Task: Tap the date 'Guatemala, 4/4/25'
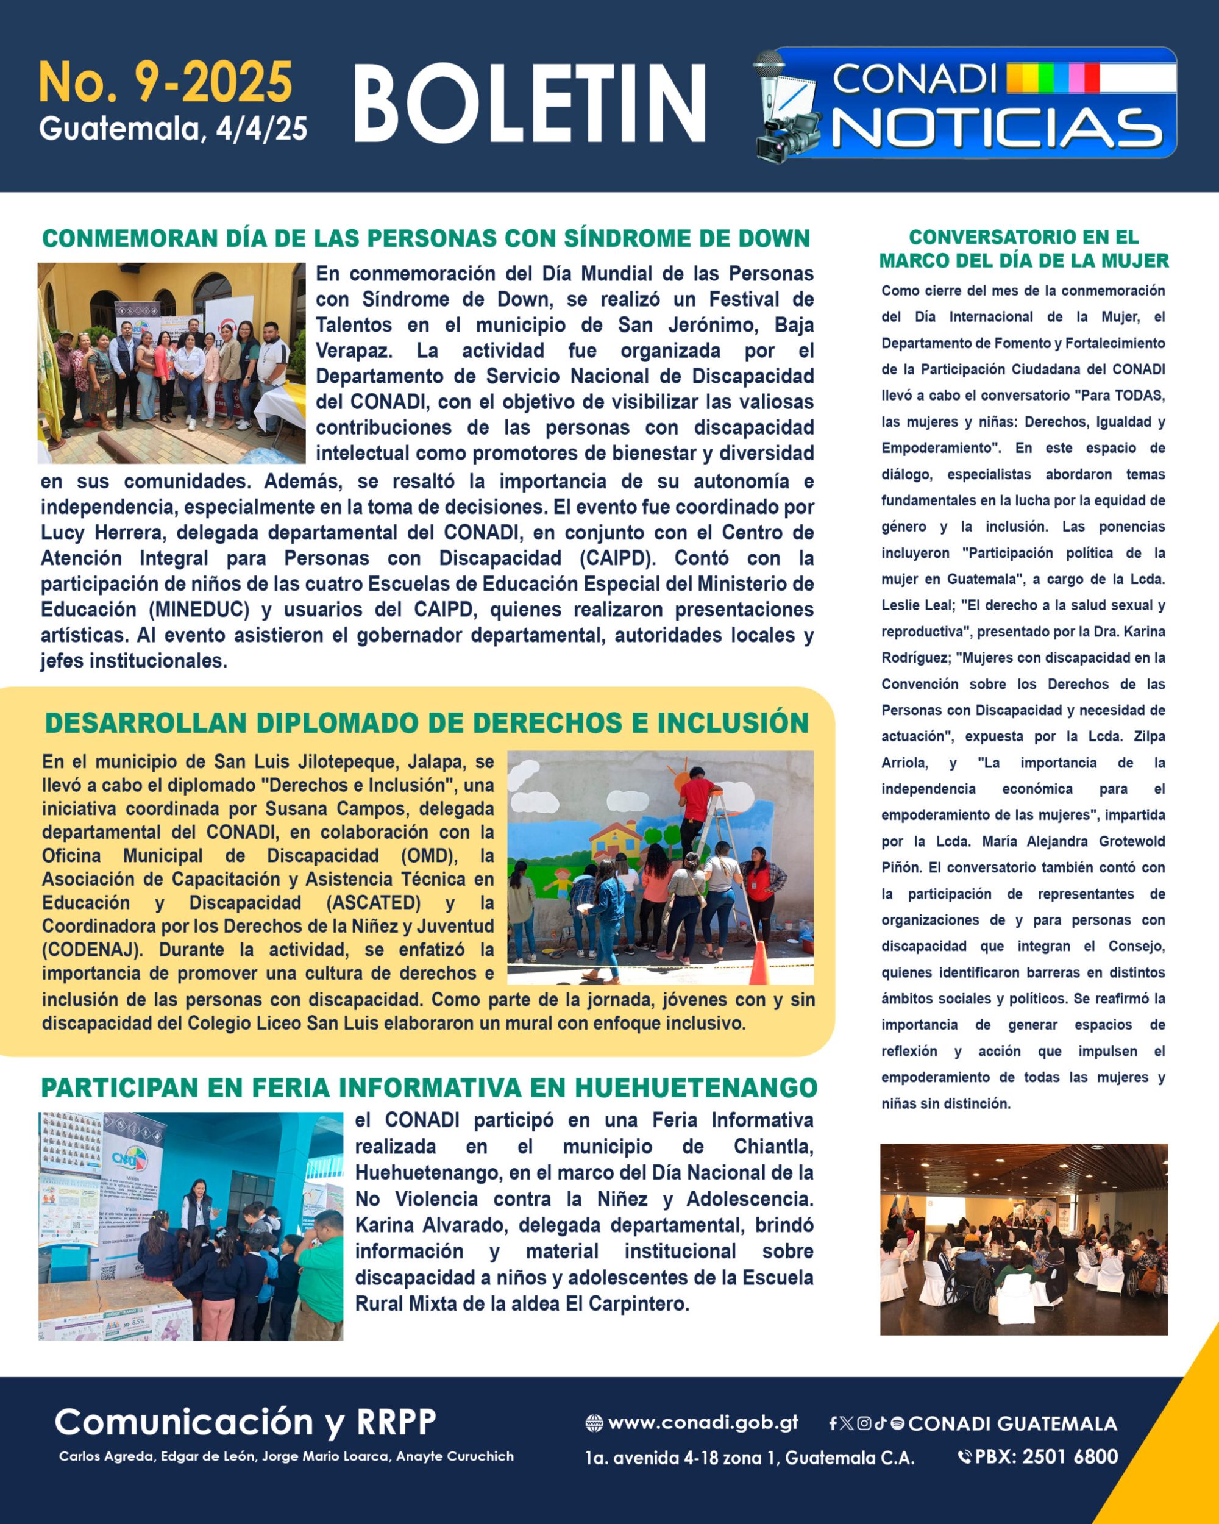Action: (x=173, y=129)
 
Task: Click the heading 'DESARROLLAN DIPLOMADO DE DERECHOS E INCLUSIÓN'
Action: (x=427, y=723)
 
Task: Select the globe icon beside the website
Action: (x=594, y=1423)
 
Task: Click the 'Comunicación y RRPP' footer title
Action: (x=244, y=1422)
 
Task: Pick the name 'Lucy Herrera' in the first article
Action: (x=103, y=532)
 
